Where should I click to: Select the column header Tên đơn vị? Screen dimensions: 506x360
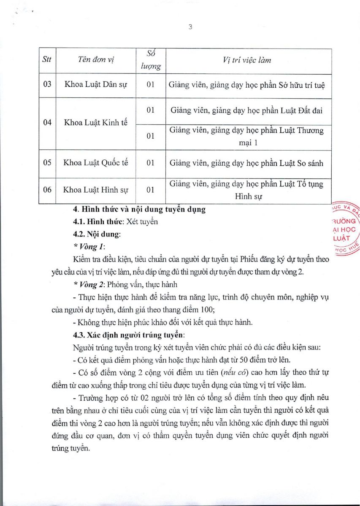tap(96, 60)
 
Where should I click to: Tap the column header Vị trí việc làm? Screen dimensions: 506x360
tap(247, 60)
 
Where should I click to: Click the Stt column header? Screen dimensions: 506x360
tap(47, 59)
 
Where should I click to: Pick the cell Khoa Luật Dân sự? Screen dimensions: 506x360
tap(96, 84)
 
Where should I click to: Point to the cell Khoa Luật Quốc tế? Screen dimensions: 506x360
tap(96, 163)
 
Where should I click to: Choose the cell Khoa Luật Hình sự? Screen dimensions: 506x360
tap(96, 190)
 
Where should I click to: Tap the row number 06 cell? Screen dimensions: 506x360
tap(47, 190)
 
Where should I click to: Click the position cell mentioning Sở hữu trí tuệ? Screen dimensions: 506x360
tap(247, 84)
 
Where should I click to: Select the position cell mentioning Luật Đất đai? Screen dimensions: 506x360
tap(247, 110)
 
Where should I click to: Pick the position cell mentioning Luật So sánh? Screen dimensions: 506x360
tap(247, 163)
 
